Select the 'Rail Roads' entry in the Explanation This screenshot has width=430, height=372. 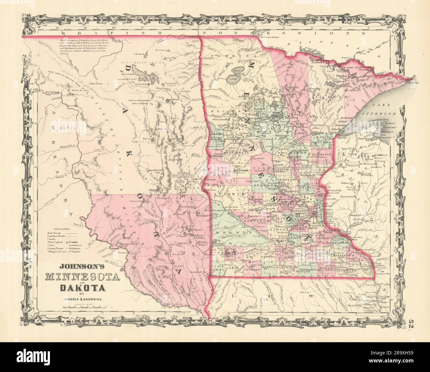pos(54,233)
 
